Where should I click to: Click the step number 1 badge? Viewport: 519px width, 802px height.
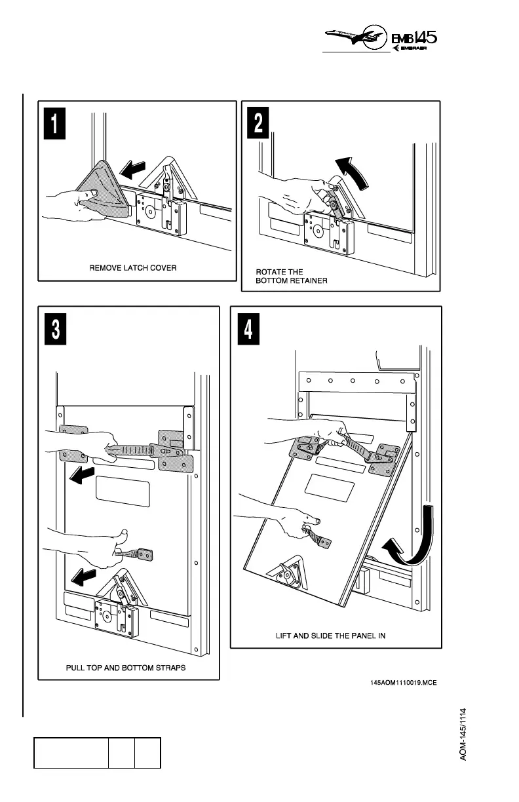54,123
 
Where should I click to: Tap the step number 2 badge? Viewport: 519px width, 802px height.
258,123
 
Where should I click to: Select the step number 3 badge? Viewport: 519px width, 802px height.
55,329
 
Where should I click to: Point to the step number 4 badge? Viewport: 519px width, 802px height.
248,329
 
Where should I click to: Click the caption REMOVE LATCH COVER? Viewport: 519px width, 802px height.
133,268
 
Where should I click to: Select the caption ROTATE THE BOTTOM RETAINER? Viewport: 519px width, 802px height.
292,276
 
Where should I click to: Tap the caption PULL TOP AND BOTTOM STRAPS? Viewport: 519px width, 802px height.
126,668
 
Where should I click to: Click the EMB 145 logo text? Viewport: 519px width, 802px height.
414,38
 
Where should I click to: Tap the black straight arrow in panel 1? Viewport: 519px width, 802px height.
132,170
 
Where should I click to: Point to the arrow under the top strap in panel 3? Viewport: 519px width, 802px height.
82,476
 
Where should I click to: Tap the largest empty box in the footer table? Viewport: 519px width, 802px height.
71,753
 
